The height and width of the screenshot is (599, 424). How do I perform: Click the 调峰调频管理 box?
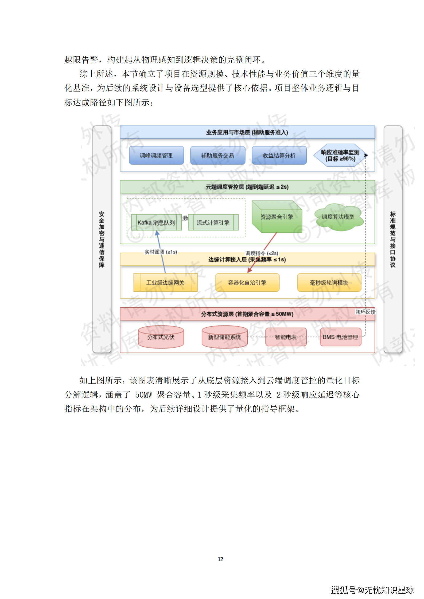pos(156,155)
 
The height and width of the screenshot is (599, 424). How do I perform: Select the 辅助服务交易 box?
pos(217,155)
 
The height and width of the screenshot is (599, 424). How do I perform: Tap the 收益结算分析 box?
pos(279,155)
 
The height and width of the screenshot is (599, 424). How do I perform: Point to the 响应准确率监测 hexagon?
pos(340,155)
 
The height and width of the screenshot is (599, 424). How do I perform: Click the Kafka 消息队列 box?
pos(156,222)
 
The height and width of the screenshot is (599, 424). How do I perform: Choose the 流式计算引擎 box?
pos(213,222)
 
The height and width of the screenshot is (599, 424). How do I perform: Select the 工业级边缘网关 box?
pos(165,282)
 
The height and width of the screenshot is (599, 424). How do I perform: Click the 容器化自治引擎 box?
pos(247,282)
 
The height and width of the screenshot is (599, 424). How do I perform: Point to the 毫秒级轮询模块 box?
pos(329,282)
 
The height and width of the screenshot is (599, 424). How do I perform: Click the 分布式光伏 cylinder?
pos(161,337)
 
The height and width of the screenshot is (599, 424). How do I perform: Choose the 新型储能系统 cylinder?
pos(224,337)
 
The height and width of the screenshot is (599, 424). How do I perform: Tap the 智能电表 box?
pos(286,337)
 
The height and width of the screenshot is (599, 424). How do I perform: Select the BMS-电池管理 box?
pos(340,337)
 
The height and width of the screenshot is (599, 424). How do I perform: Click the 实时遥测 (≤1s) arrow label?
pos(161,252)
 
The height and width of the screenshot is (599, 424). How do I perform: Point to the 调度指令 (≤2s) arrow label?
pos(262,253)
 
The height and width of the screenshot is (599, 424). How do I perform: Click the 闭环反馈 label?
pos(365,312)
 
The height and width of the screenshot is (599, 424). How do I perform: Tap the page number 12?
pos(220,559)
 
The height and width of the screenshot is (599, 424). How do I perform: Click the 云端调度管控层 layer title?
pos(247,187)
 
